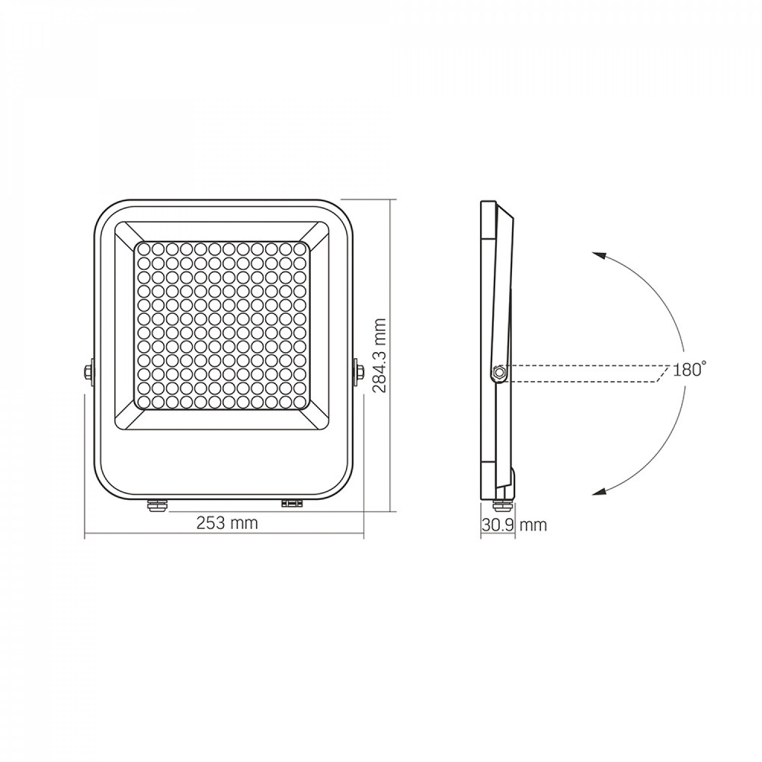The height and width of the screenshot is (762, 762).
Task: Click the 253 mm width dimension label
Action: coord(227,523)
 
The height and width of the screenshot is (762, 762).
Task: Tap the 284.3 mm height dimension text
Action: coord(379,356)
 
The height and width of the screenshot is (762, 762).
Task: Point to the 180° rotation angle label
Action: coord(690,370)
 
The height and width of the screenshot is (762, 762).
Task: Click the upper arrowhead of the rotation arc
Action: coord(598,256)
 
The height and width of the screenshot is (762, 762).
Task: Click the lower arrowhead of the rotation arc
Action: coord(598,491)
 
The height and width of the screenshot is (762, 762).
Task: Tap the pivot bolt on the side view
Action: coord(498,373)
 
